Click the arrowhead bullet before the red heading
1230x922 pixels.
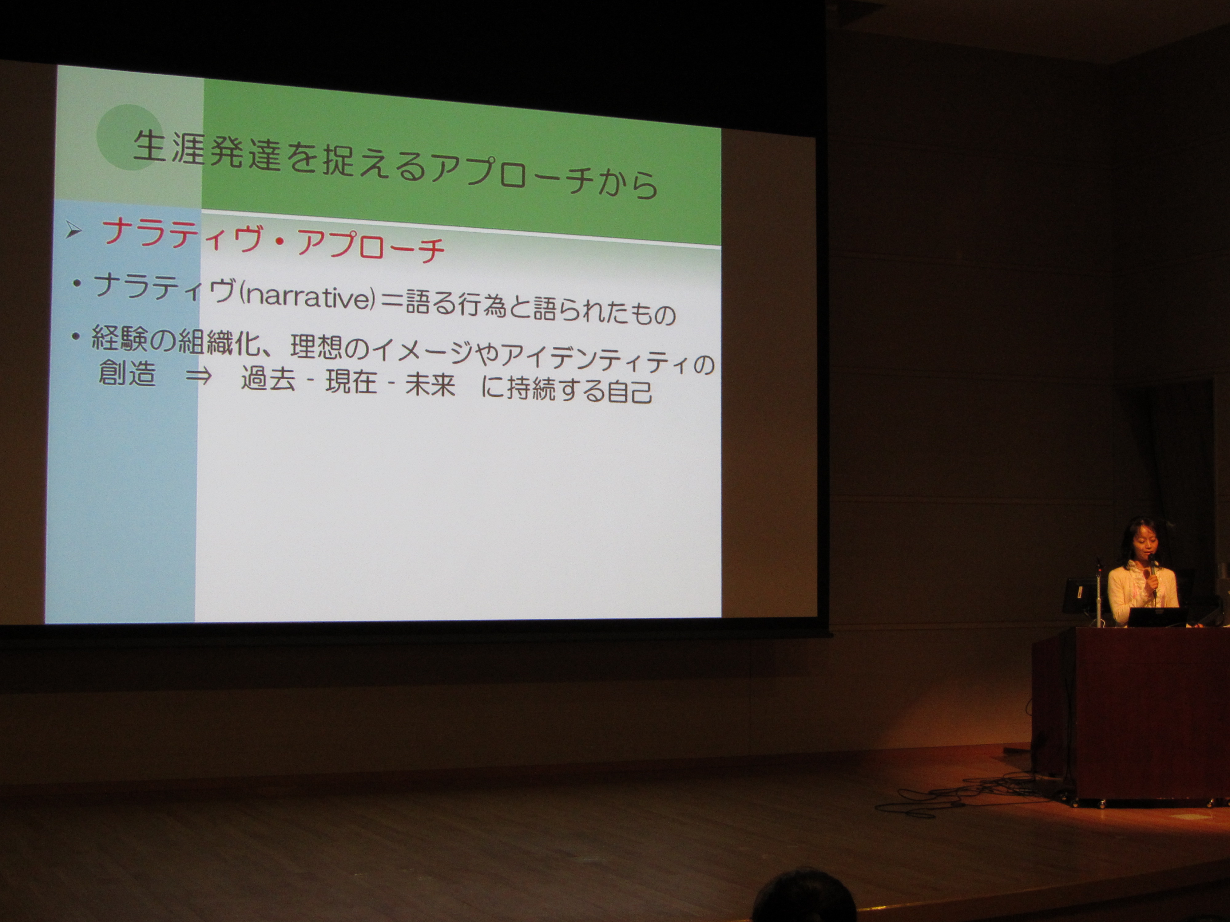[74, 230]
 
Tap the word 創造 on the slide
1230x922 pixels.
[126, 373]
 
